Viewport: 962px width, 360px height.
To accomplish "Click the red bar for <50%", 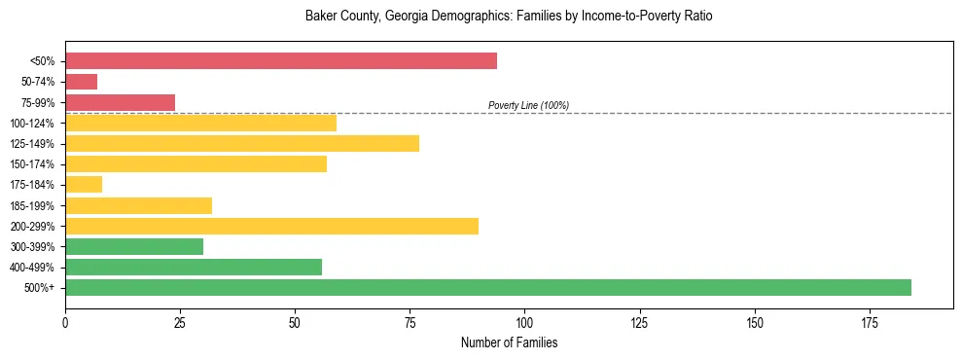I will coord(281,61).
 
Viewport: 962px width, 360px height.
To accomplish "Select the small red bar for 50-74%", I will coord(81,82).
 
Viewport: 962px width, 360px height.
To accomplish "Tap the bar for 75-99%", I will coord(120,102).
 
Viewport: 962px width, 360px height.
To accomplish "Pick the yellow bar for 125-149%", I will coord(242,143).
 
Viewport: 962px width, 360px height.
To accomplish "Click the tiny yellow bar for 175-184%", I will coord(84,184).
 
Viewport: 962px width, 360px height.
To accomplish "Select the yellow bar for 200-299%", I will coord(271,226).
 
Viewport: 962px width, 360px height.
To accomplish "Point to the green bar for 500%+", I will coord(488,287).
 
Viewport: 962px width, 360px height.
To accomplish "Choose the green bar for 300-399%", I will coord(134,246).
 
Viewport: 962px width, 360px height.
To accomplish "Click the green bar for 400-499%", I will coord(194,267).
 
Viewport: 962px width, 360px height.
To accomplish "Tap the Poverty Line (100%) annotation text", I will coord(528,105).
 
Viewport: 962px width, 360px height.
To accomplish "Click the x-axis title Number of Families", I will coord(509,342).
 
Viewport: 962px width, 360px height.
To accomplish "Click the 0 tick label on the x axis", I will coord(65,321).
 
